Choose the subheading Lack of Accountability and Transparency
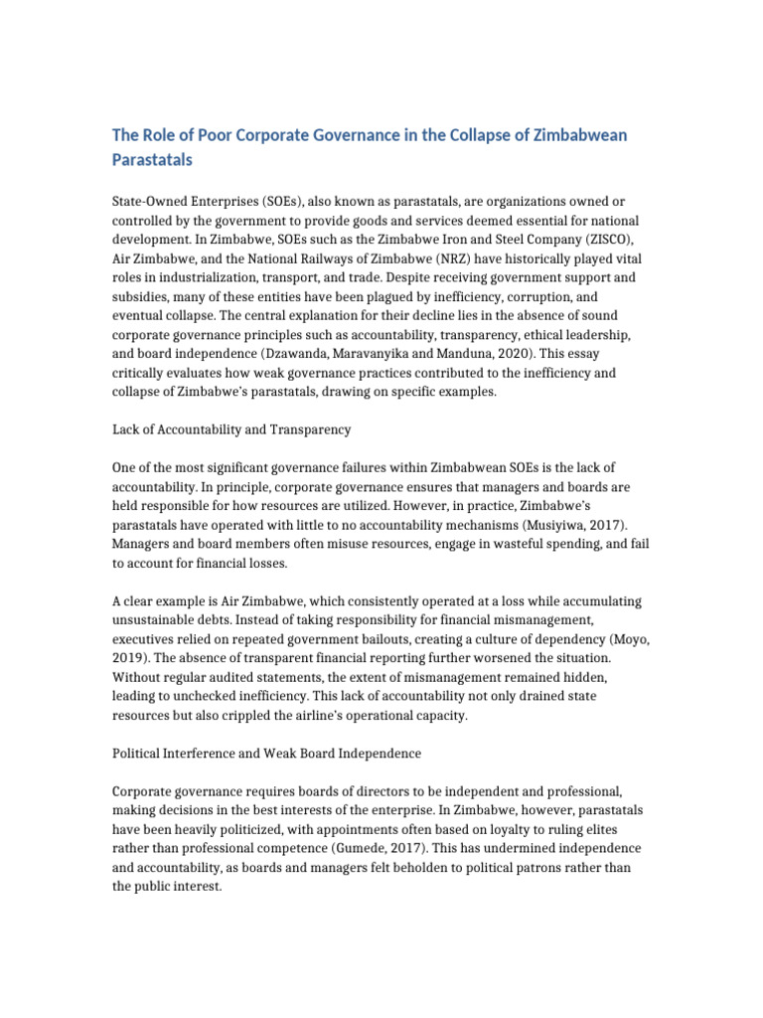click(x=233, y=429)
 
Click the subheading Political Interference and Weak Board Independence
click(x=267, y=754)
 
